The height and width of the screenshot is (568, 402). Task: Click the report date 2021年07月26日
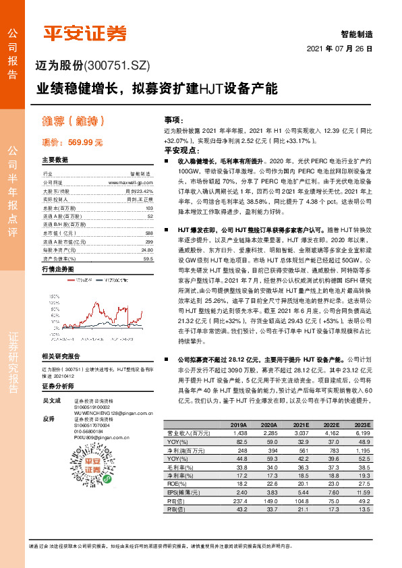(x=339, y=49)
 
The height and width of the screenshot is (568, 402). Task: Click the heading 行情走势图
(x=58, y=269)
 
